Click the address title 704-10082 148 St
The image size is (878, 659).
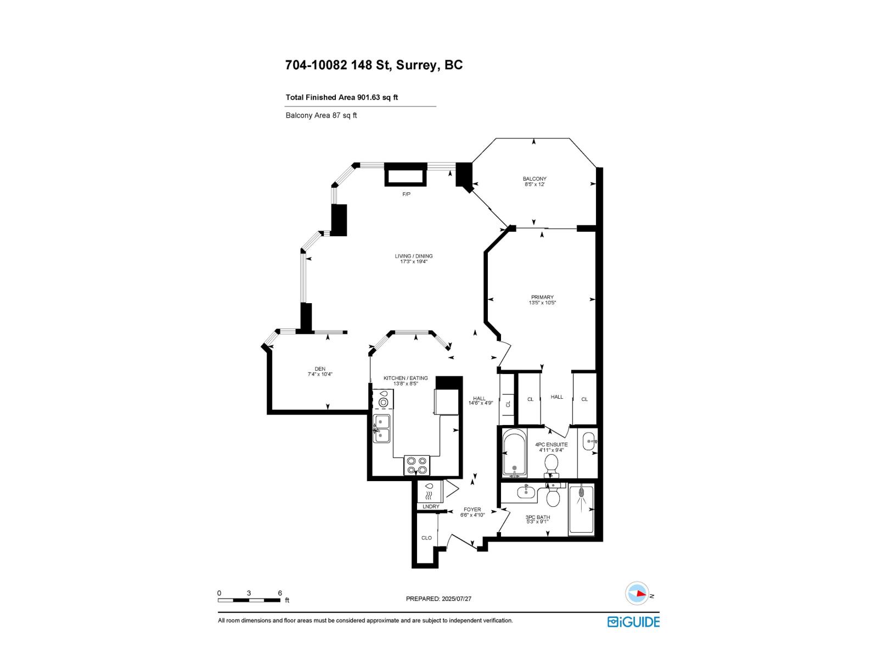point(374,65)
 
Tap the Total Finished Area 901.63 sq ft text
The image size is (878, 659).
point(341,97)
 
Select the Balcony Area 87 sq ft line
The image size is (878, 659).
point(321,115)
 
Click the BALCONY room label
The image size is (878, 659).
point(534,179)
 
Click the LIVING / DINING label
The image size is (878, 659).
point(413,256)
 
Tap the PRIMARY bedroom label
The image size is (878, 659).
point(542,297)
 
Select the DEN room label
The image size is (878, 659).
point(320,368)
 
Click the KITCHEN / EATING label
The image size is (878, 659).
point(406,378)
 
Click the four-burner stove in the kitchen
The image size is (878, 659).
point(417,466)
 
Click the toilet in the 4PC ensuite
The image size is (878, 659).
point(551,466)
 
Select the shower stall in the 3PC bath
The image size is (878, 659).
point(581,510)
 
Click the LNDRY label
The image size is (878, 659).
point(431,506)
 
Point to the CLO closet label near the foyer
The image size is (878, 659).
point(426,538)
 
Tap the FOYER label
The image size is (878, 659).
point(472,510)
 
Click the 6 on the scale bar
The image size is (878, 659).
point(280,593)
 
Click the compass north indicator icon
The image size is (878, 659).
point(638,594)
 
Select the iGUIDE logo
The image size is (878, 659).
point(633,622)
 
